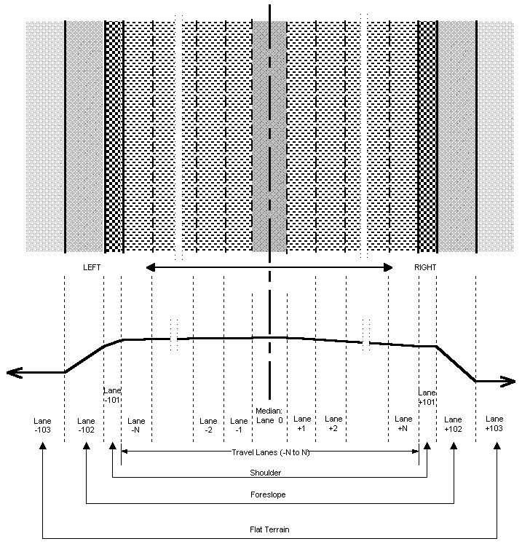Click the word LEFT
point(92,267)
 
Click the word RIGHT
point(425,267)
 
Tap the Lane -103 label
point(43,425)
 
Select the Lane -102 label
point(86,425)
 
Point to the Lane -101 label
point(112,395)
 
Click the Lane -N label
point(136,425)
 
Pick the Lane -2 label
point(208,425)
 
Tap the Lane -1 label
point(239,425)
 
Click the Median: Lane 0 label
point(269,416)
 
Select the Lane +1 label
point(302,424)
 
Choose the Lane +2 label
point(333,424)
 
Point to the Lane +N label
point(403,424)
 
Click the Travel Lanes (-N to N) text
point(269,452)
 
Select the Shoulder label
point(265,473)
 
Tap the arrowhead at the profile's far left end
point(12,373)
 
